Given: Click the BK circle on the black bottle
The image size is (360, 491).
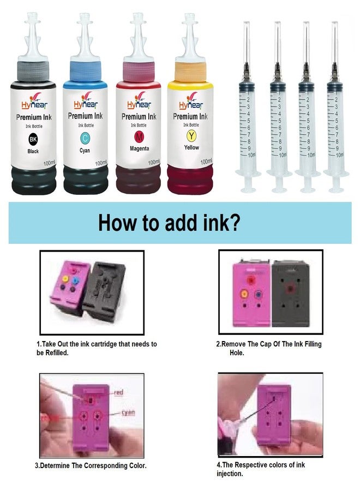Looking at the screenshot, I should coord(33,139).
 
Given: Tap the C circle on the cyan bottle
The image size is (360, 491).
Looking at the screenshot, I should coord(85,137).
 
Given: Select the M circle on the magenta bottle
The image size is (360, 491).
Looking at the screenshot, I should coord(138,136).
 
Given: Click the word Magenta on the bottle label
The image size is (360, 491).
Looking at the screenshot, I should coord(138,148).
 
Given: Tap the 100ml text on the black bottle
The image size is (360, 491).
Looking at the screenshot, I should coord(48,163).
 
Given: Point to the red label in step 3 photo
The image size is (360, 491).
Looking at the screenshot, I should coord(117,392).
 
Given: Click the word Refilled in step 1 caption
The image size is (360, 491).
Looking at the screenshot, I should coord(60,353).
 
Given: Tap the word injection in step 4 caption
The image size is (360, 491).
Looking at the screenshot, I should coord(230,473).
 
